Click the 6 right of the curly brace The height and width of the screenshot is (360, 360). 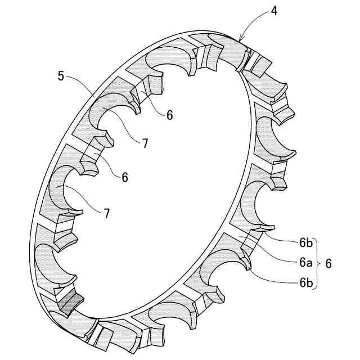point(329,263)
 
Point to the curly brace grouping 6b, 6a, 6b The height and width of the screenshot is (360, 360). point(318,263)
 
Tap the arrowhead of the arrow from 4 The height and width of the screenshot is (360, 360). point(240,41)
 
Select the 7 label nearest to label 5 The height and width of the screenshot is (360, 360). point(145,143)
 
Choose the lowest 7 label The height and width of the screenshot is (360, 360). point(106,213)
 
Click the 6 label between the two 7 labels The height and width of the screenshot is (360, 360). point(124,177)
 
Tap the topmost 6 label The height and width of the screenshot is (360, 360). point(169,115)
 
